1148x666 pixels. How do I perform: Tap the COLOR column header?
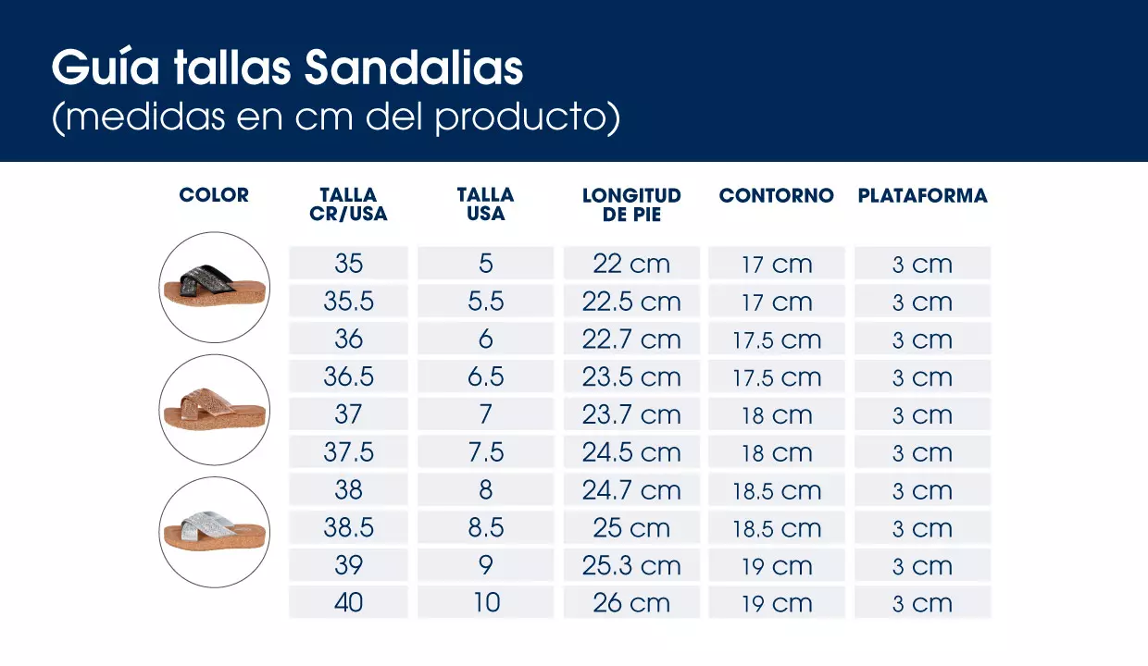pos(214,195)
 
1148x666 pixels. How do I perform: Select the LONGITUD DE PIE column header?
pos(631,204)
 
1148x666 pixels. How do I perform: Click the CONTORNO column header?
pos(776,195)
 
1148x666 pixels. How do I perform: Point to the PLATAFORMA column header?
pos(922,195)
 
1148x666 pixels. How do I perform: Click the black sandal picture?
pos(214,287)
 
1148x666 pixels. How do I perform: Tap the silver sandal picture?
pos(214,531)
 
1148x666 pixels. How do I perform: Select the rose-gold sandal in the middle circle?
pos(214,410)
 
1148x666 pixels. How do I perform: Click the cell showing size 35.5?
pos(348,302)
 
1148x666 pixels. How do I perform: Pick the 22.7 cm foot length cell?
pos(631,339)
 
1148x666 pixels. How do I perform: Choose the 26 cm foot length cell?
pos(631,603)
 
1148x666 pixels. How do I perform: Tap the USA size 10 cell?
pos(485,603)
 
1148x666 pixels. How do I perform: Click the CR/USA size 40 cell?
pos(348,603)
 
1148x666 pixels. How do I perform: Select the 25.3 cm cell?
pos(631,565)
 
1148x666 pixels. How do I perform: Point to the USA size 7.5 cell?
pos(485,452)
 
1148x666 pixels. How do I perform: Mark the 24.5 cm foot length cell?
pos(631,452)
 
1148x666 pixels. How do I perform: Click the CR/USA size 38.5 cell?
pos(348,527)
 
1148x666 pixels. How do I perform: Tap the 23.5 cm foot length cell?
pos(631,377)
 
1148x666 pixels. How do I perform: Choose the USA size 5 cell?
pos(485,264)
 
